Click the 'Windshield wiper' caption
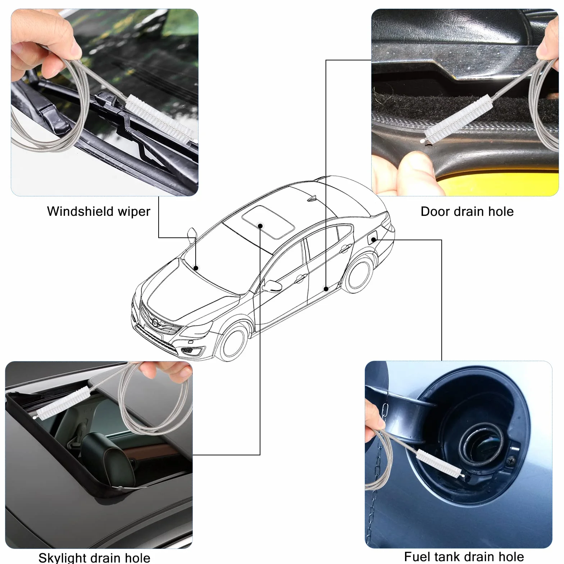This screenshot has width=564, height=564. point(99,211)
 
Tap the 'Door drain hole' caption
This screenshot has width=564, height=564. point(467,211)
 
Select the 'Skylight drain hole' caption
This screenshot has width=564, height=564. point(94,558)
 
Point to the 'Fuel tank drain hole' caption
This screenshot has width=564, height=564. point(464,556)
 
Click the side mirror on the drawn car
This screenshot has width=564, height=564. point(272,285)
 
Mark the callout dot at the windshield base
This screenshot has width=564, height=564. point(196,268)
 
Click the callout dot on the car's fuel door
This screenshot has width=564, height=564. point(374,240)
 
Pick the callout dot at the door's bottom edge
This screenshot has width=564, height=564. point(326,289)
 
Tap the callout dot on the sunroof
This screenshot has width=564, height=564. point(260,226)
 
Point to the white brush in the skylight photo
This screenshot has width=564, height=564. point(61,403)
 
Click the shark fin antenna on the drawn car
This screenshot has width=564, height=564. point(311,198)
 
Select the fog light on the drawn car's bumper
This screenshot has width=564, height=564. point(188,350)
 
